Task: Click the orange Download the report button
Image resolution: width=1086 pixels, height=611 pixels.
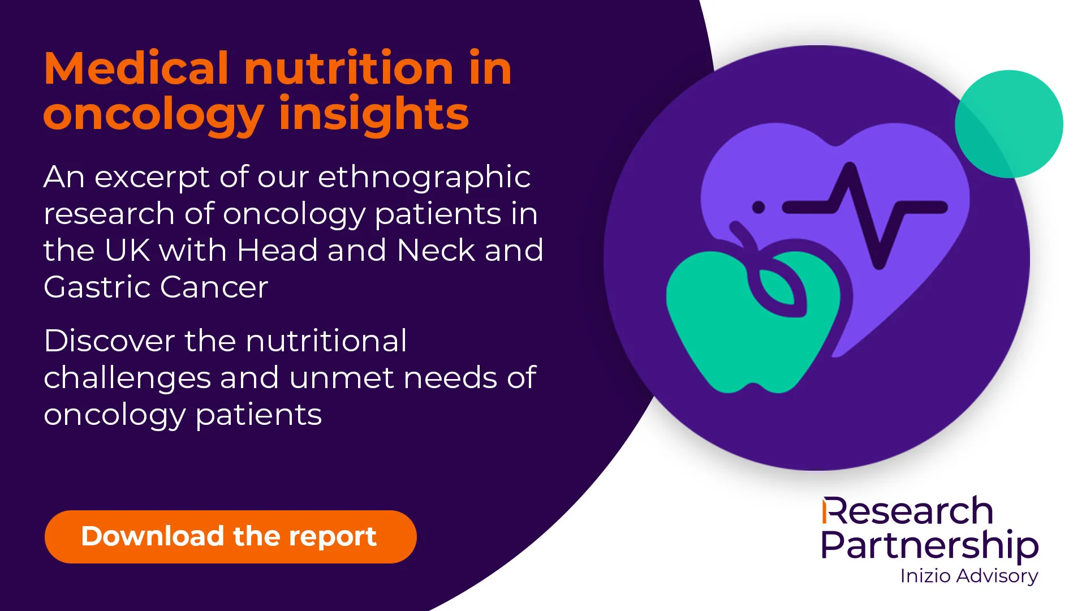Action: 231,536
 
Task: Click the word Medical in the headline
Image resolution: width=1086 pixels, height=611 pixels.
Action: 136,68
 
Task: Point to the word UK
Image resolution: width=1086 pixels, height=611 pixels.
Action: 127,250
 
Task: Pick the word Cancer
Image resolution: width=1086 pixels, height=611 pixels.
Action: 214,287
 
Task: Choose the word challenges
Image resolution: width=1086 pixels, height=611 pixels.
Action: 127,379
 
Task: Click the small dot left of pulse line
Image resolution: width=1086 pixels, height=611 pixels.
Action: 759,208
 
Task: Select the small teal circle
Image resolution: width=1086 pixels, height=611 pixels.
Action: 1009,124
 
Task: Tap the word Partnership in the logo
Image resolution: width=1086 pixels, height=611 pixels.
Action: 930,545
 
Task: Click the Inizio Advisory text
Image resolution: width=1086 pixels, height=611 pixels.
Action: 969,576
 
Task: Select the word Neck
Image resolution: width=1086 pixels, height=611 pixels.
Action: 436,250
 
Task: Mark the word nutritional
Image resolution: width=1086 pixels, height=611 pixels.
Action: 326,341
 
